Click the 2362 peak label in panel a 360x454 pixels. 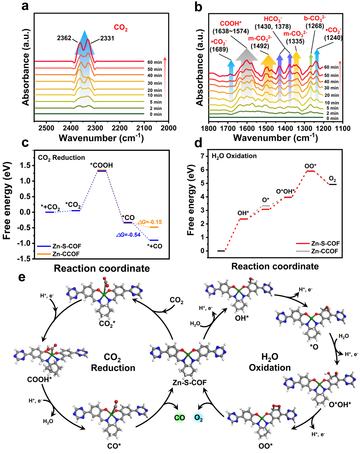coord(64,38)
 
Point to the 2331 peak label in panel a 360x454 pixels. coord(107,38)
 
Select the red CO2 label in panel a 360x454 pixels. coord(121,28)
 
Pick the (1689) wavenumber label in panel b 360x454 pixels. coord(219,49)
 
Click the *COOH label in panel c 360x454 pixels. coord(102,165)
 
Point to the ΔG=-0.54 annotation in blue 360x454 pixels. coord(128,235)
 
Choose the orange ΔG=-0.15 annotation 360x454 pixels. coord(150,222)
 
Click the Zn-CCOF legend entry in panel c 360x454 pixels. coord(66,254)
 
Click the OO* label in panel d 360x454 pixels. coord(310,166)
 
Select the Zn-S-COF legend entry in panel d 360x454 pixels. coord(325,243)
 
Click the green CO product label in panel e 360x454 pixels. coord(179,418)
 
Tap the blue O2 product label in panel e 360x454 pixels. coord(199,418)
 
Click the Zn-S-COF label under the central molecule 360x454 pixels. coord(190,382)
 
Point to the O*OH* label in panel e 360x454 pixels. coord(340,404)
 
